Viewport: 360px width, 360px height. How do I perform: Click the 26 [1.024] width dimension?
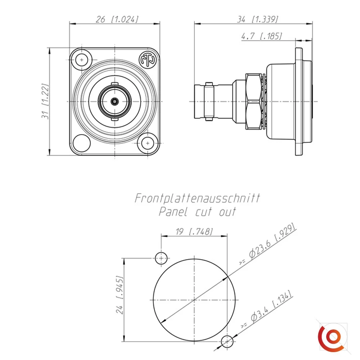click(x=117, y=19)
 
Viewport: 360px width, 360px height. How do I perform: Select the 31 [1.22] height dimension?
click(x=45, y=101)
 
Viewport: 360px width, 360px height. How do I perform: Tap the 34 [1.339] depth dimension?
click(x=257, y=19)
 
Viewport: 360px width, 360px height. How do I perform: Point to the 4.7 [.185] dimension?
click(x=261, y=36)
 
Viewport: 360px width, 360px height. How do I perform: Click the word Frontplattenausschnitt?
click(x=197, y=198)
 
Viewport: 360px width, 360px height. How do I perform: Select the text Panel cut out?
click(x=197, y=212)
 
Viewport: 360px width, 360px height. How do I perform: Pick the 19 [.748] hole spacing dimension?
click(x=194, y=231)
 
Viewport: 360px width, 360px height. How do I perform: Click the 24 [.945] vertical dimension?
click(x=120, y=295)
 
